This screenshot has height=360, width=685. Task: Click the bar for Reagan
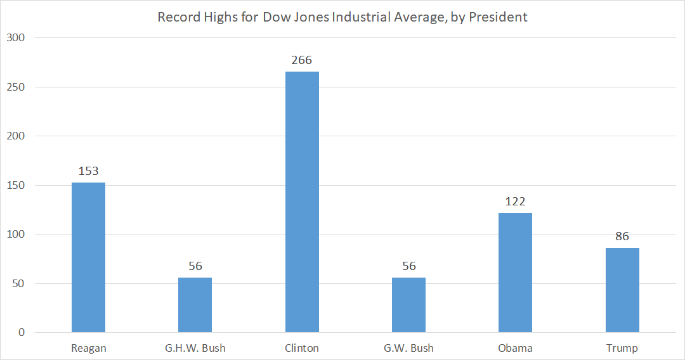(x=88, y=257)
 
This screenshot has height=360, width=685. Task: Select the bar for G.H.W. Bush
(x=195, y=305)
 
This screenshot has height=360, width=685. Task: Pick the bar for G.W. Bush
(x=408, y=305)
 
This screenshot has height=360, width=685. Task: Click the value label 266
(x=302, y=60)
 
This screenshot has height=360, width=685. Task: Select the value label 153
(x=88, y=171)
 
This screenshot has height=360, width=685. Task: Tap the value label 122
(x=515, y=202)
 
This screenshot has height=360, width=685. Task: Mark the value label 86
(x=622, y=236)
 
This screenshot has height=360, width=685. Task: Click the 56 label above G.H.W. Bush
(x=195, y=266)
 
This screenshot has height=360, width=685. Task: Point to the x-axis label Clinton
(x=302, y=348)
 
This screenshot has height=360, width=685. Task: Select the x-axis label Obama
(x=515, y=348)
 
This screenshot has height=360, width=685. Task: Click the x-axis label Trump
(x=622, y=348)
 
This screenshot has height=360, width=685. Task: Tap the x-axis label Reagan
(x=88, y=348)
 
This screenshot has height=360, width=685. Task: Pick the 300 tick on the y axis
(x=15, y=38)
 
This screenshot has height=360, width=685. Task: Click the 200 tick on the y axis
(x=15, y=136)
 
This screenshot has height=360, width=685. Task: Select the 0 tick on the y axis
(x=21, y=332)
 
